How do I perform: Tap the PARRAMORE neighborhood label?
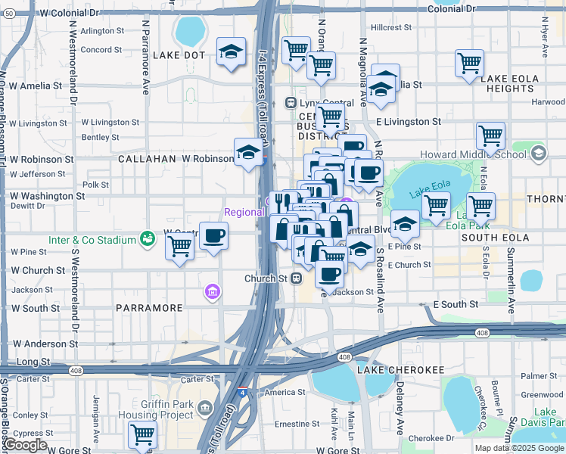click(149, 308)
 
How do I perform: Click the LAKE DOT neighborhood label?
click(179, 55)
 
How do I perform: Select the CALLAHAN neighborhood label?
click(146, 160)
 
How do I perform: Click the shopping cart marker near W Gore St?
click(142, 434)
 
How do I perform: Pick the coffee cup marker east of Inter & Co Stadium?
click(213, 235)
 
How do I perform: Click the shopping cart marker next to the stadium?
click(179, 245)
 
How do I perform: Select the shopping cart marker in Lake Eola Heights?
click(469, 63)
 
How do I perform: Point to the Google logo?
click(26, 445)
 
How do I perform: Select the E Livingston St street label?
click(408, 121)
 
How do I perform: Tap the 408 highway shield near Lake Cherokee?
click(344, 356)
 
